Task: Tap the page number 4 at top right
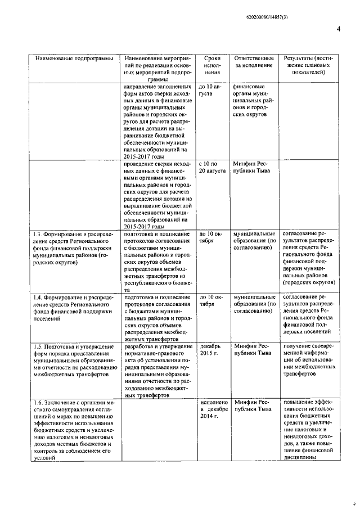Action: (339, 29)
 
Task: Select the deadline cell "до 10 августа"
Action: (210, 91)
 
